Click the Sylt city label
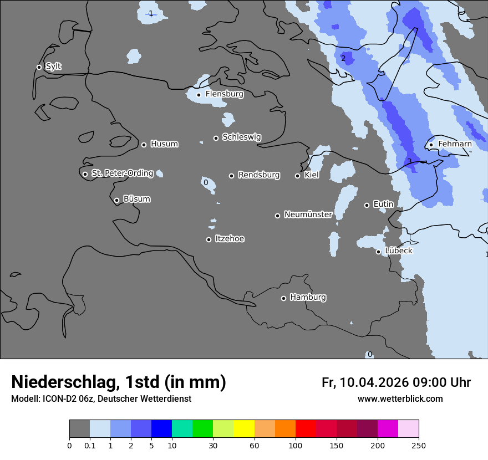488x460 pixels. (53, 67)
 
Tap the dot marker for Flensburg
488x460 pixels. (199, 95)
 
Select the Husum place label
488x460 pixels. (164, 144)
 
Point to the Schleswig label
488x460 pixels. (241, 137)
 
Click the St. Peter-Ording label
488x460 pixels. (122, 173)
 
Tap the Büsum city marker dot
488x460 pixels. (116, 201)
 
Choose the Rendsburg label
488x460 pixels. (259, 175)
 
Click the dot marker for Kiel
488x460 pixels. (297, 176)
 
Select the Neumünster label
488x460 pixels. (308, 214)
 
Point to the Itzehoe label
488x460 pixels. (230, 239)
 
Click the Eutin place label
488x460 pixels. (383, 205)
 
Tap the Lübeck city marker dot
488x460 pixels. (378, 252)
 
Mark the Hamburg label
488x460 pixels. (308, 298)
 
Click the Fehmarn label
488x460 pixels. (455, 144)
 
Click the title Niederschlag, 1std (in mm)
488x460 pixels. (119, 382)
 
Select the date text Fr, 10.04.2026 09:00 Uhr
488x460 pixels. (396, 382)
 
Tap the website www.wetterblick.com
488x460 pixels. (400, 399)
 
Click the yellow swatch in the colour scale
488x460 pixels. (244, 429)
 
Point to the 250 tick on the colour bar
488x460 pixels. (418, 445)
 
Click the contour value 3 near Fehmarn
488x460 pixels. (409, 161)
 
